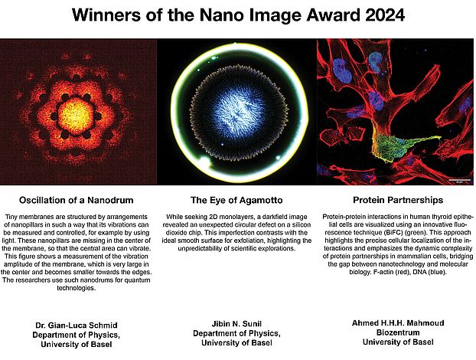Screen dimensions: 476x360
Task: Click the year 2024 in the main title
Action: [385, 15]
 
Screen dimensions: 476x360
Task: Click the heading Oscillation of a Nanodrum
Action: [77, 200]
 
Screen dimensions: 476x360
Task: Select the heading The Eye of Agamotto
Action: [236, 200]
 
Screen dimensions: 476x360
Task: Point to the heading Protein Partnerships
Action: [398, 200]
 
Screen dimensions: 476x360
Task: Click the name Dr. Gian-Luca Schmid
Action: [77, 326]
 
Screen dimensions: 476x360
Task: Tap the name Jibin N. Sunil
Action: [236, 323]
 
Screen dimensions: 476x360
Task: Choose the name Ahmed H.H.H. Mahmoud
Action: [398, 323]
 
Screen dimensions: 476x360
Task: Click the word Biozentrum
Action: [398, 332]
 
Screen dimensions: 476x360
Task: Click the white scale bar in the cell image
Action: [458, 180]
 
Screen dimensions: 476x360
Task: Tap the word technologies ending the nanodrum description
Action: [77, 288]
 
